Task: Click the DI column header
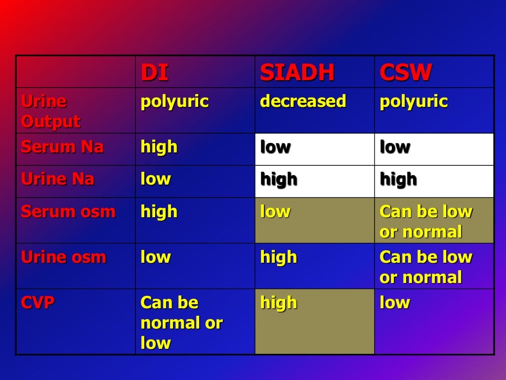coord(154,73)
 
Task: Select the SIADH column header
coord(297,73)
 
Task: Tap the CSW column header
coord(406,73)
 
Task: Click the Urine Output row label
coord(50,111)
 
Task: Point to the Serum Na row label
coord(62,147)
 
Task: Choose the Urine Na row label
coord(57,179)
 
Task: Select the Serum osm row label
coord(68,212)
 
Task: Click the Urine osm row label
coord(63,257)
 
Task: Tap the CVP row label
coord(38,302)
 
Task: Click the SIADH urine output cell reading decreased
coord(303,101)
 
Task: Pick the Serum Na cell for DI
coord(159,147)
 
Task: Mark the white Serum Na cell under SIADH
coord(314,149)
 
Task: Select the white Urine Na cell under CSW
coord(434,181)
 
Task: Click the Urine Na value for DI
coord(156,179)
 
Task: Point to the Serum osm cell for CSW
coord(426,221)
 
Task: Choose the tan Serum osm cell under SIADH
coord(314,220)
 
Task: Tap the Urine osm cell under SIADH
coord(279,257)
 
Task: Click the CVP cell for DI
coord(181,322)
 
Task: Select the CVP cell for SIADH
coord(314,322)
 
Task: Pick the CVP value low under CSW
coord(395,302)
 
